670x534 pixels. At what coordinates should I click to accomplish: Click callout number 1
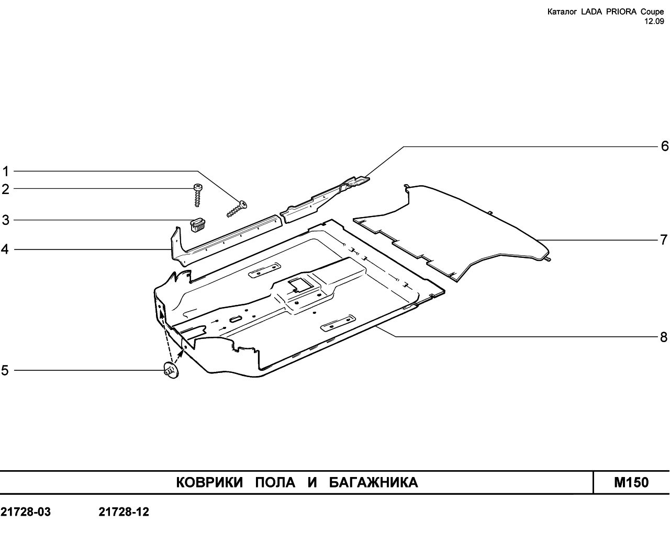(6, 172)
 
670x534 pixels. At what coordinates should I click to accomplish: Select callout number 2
(6, 189)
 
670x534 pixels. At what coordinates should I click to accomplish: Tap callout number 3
(6, 220)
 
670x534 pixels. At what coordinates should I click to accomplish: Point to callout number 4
(5, 249)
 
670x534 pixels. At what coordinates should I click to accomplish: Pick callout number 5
(5, 370)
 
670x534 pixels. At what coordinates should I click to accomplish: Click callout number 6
(665, 146)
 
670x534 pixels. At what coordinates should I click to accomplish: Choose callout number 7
(664, 240)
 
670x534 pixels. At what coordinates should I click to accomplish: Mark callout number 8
(664, 337)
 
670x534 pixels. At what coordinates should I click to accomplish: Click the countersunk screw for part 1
(237, 209)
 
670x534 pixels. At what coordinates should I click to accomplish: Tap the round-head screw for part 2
(197, 195)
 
